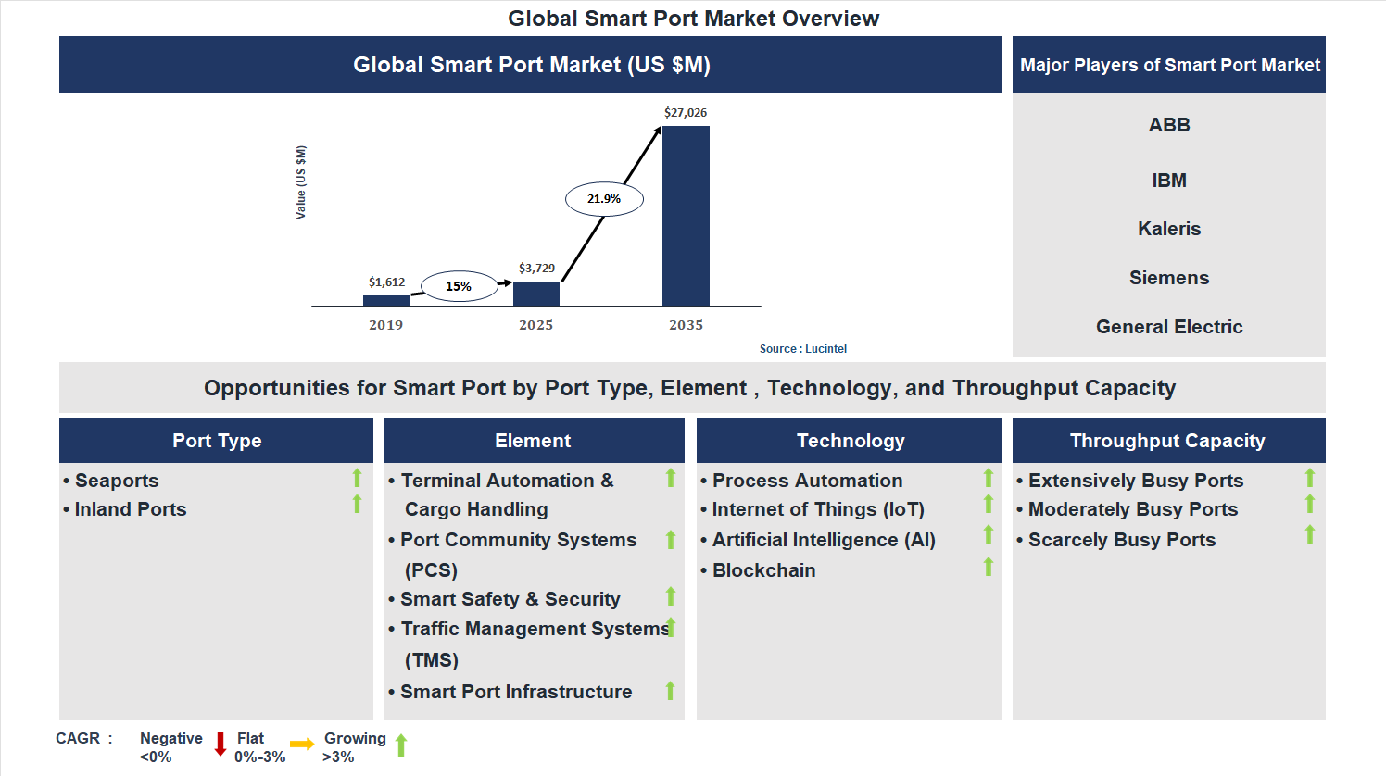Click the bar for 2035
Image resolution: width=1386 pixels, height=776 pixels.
[x=686, y=216]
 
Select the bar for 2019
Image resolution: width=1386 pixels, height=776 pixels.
[x=385, y=300]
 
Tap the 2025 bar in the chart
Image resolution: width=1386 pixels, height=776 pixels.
[x=535, y=294]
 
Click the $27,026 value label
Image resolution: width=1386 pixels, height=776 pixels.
[x=686, y=113]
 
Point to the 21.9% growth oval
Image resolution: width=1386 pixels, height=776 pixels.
[x=604, y=199]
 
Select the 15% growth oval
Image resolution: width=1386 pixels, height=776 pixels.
[x=459, y=286]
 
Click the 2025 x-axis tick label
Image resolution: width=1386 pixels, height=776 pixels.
[x=535, y=325]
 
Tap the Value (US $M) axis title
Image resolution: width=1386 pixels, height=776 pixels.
[x=300, y=182]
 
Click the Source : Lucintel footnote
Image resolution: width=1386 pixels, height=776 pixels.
[x=802, y=349]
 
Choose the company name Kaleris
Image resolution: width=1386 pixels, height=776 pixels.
[x=1169, y=229]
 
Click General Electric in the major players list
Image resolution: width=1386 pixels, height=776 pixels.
[x=1169, y=327]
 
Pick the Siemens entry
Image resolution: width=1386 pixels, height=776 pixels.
[x=1169, y=278]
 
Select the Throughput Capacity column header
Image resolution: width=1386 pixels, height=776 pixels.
[x=1167, y=441]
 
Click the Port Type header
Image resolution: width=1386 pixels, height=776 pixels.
[x=217, y=441]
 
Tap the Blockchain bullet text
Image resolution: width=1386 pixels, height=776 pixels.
[x=763, y=570]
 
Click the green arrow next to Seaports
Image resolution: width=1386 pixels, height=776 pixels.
[x=357, y=478]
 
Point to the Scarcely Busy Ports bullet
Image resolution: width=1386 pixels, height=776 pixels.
[x=1121, y=540]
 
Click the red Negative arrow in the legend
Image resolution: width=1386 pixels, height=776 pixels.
[x=220, y=745]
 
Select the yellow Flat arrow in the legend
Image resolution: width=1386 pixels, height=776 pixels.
[x=302, y=745]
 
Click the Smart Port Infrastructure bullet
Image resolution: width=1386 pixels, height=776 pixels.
[x=516, y=692]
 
